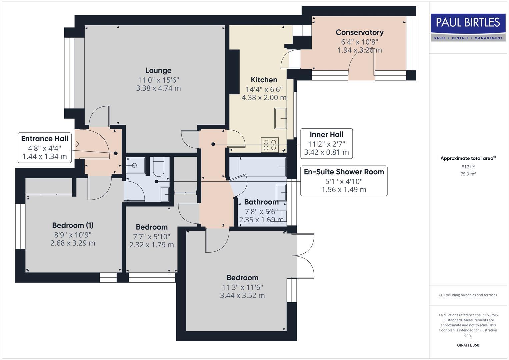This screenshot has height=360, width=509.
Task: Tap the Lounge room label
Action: coord(158,71)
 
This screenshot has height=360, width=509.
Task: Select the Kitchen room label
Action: coord(264,80)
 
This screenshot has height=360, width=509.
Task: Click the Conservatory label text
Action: coord(359,33)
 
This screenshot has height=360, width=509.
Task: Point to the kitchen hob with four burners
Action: coord(270,145)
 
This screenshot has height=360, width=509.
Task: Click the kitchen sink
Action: coord(280,118)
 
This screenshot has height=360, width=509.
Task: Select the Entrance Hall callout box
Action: coord(45,147)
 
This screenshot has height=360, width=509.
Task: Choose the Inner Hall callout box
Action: coord(326,143)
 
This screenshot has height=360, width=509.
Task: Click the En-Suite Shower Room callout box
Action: coord(344,181)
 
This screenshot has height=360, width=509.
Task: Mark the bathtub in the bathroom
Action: coord(262,166)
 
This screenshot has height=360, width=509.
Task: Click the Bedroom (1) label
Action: coord(73,225)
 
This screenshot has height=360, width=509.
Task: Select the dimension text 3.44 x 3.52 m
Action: coord(242,296)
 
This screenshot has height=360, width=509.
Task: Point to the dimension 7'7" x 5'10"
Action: coord(152,236)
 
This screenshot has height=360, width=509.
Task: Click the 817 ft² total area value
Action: coord(468,167)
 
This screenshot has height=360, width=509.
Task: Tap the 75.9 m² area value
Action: coord(468,174)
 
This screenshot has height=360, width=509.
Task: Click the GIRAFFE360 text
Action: coord(468,345)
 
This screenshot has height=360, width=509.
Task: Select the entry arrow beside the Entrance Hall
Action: coord(76,144)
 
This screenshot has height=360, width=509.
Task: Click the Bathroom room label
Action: coord(261,202)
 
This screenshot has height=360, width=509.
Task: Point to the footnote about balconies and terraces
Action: coord(468,295)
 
